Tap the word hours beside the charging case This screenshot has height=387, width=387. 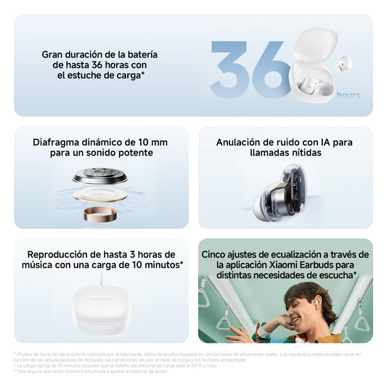pyautogui.click(x=349, y=95)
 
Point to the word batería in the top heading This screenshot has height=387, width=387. pyautogui.click(x=140, y=54)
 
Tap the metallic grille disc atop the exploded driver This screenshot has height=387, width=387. pyautogui.click(x=100, y=176)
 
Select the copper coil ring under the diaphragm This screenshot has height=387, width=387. pyautogui.click(x=100, y=214)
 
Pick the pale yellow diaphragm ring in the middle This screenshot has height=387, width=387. pyautogui.click(x=100, y=195)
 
